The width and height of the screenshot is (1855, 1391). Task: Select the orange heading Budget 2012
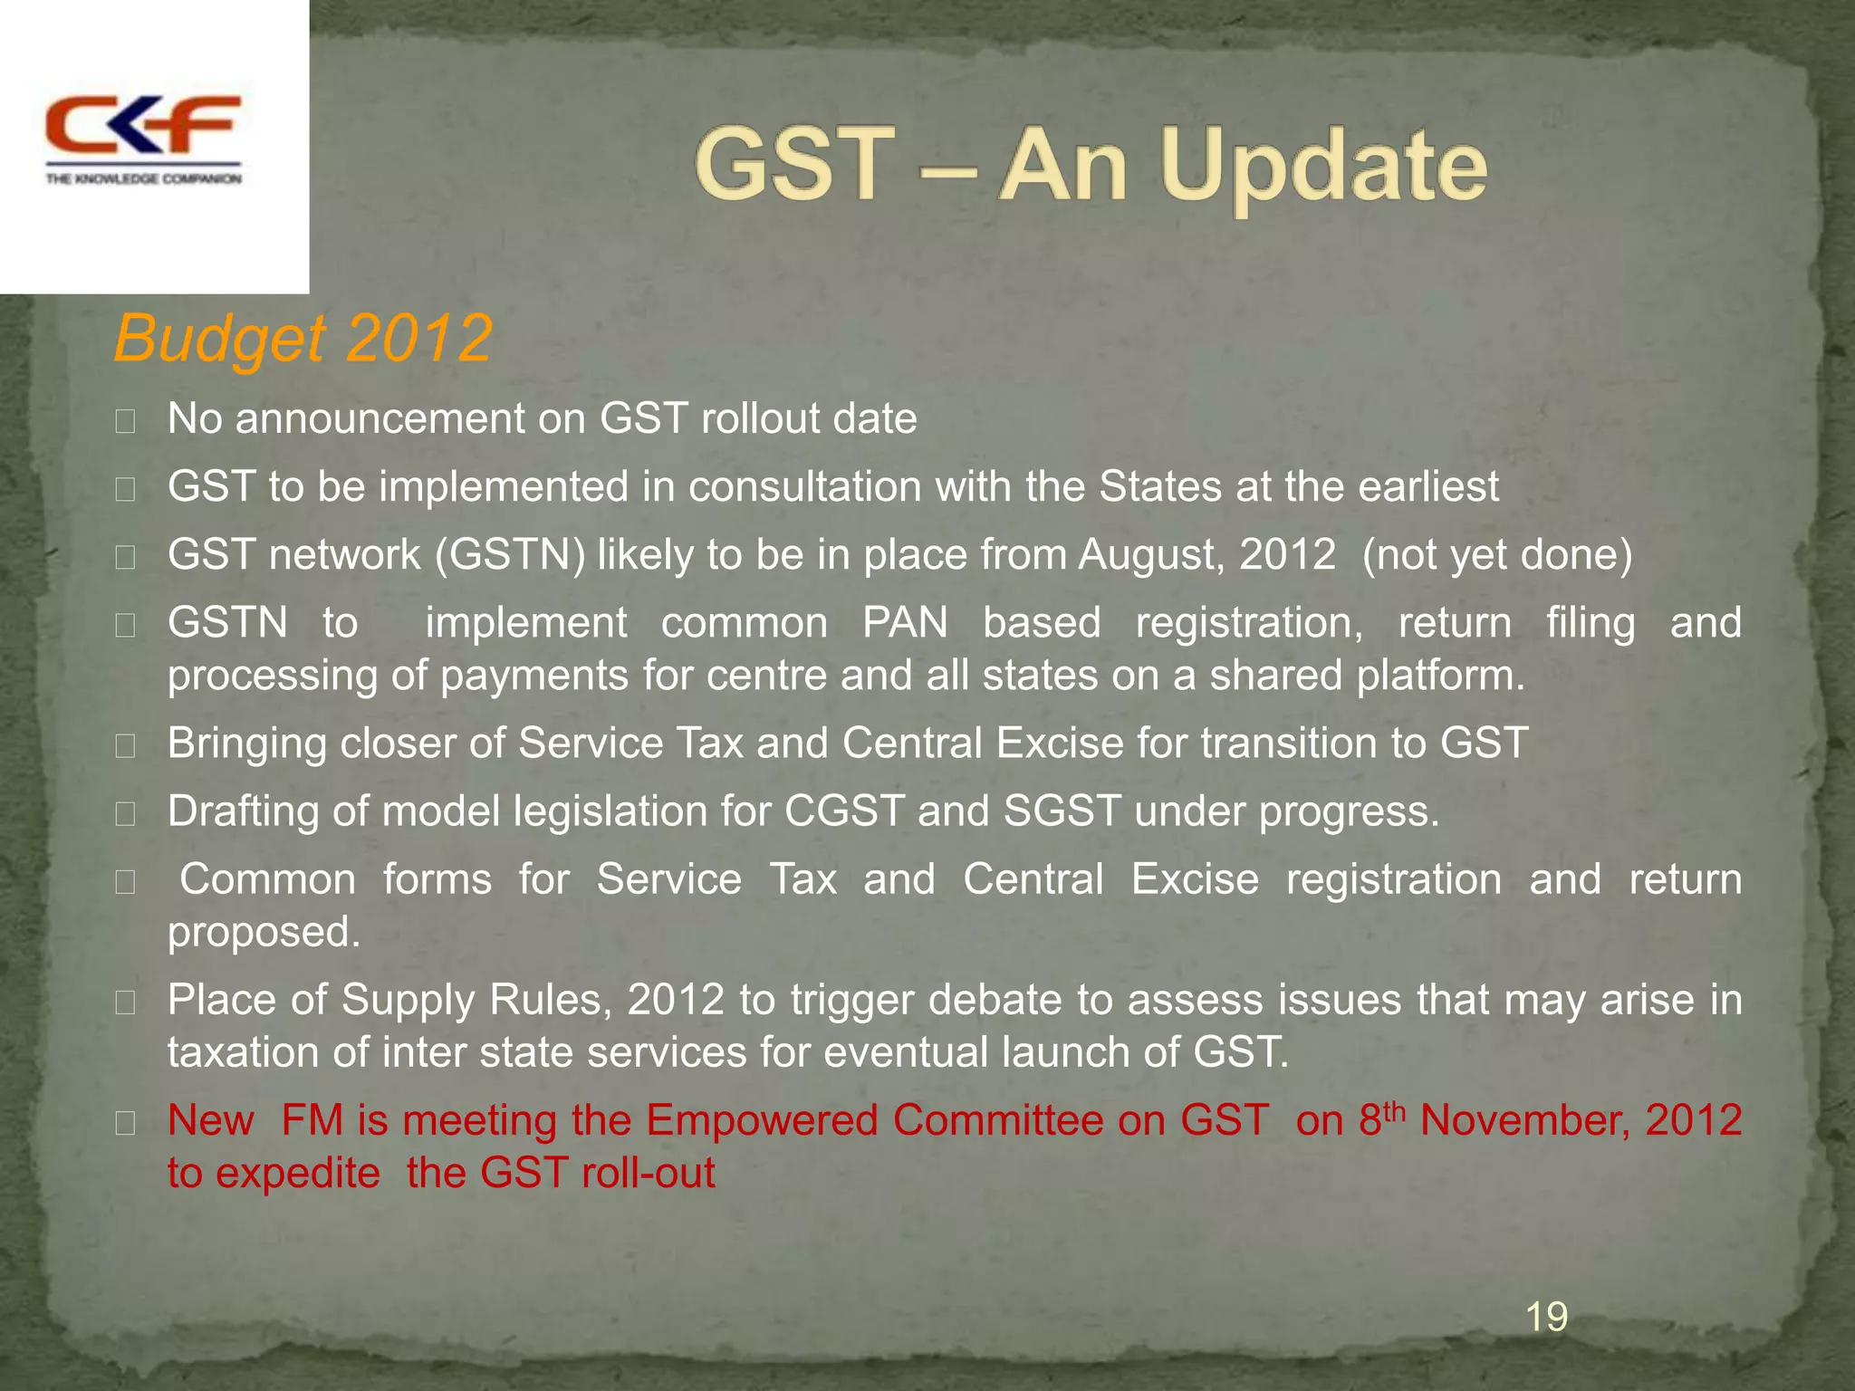(x=303, y=339)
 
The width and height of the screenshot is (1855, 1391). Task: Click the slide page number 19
(x=1546, y=1316)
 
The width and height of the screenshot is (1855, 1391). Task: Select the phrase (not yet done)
(x=1496, y=555)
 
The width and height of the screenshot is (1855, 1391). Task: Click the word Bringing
(x=247, y=744)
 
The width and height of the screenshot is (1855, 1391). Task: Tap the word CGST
(x=844, y=811)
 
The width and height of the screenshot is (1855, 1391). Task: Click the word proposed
(x=263, y=933)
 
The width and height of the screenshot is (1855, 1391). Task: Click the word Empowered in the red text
(x=763, y=1120)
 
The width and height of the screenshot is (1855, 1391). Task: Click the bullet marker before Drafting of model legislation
(x=126, y=814)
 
